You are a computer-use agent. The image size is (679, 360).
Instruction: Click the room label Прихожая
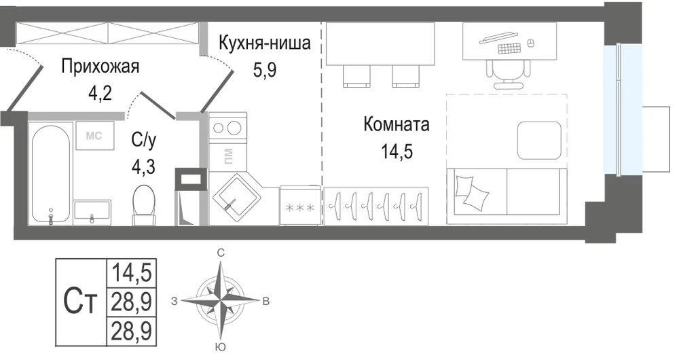click(x=100, y=67)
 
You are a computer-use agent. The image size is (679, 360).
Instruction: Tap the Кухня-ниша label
click(x=265, y=43)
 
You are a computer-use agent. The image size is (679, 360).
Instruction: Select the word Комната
click(x=397, y=124)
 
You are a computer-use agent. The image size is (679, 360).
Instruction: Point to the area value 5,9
click(x=265, y=69)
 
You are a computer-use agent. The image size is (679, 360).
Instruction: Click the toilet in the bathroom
click(x=144, y=205)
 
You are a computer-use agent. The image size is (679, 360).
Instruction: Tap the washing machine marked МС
click(x=95, y=135)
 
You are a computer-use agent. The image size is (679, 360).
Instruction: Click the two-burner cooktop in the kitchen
click(x=227, y=128)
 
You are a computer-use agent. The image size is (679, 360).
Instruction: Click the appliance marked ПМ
click(x=227, y=156)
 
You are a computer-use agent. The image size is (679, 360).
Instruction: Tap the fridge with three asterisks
click(x=301, y=206)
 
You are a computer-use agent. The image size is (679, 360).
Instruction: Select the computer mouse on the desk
click(x=530, y=43)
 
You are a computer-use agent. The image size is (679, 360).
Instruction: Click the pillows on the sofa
click(x=471, y=191)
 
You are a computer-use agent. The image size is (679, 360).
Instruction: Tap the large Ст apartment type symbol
click(x=81, y=302)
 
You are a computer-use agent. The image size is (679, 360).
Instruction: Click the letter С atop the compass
click(x=221, y=253)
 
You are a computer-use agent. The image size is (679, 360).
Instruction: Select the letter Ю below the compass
click(x=220, y=346)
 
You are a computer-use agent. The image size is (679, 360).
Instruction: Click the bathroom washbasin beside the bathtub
click(x=92, y=212)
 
